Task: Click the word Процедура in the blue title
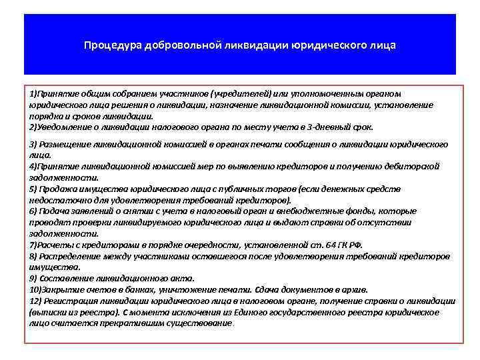click(x=109, y=46)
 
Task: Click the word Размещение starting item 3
click(x=65, y=144)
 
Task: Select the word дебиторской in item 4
click(x=414, y=167)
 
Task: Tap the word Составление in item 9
click(x=65, y=278)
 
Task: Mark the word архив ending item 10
click(x=343, y=289)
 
